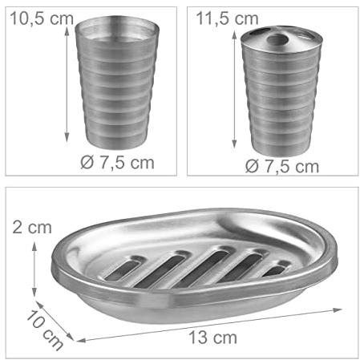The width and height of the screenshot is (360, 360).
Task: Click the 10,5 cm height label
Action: (42, 18)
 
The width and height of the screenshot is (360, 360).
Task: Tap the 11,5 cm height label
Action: (227, 18)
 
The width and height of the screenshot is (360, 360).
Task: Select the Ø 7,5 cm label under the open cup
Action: (117, 163)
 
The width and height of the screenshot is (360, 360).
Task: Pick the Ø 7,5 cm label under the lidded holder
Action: (282, 166)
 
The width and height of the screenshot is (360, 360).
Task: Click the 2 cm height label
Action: (32, 228)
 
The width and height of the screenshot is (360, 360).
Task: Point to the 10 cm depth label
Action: (45, 330)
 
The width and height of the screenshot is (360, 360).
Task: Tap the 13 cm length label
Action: (213, 338)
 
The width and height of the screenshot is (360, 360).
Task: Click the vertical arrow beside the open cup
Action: (67, 84)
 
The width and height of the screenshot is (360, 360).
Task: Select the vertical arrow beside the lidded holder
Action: (234, 90)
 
